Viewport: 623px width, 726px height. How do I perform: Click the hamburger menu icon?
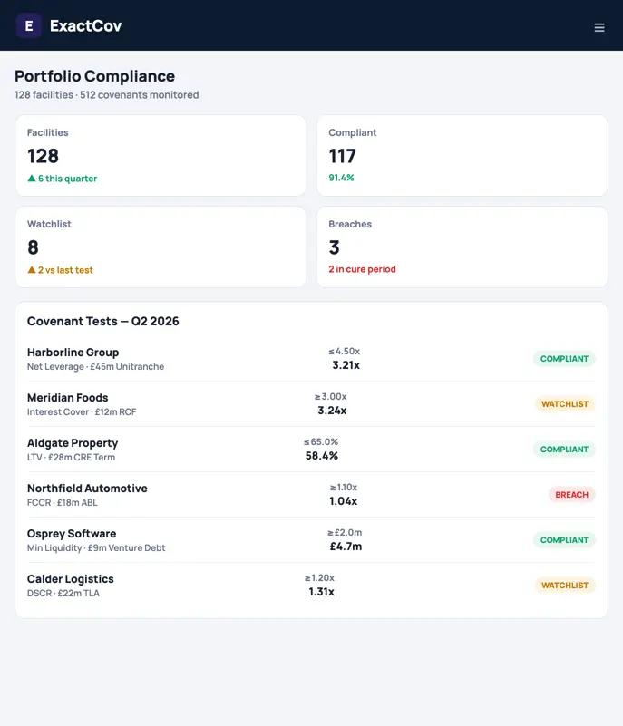coord(599,28)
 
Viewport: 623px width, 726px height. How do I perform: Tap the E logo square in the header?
coord(29,25)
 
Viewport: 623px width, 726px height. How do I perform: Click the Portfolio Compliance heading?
coord(94,76)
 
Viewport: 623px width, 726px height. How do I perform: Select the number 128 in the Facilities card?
coord(44,156)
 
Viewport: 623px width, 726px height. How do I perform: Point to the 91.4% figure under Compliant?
coord(341,178)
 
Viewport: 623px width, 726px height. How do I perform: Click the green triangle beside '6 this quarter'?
coord(32,179)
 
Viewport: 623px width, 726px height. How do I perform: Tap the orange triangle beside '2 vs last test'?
coord(32,269)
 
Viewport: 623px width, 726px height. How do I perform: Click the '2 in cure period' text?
coord(362,269)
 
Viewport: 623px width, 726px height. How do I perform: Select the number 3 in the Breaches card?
coord(334,247)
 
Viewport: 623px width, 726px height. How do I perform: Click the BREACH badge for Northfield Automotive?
coord(571,495)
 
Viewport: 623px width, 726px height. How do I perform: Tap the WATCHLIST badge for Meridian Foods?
coord(565,403)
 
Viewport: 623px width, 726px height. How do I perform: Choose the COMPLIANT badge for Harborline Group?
coord(564,358)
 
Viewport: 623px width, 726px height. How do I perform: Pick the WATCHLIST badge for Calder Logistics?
coord(565,586)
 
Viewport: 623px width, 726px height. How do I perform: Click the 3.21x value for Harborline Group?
coord(346,365)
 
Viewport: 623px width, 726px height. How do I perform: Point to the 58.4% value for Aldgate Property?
coord(321,456)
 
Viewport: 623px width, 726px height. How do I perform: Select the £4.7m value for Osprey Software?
coord(346,547)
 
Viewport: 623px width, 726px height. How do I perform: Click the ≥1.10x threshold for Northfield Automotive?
coord(343,487)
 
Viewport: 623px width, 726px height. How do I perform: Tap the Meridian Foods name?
coord(68,397)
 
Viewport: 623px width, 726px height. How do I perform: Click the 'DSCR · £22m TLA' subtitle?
coord(63,593)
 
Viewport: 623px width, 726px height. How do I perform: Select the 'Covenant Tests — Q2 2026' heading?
coord(102,321)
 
